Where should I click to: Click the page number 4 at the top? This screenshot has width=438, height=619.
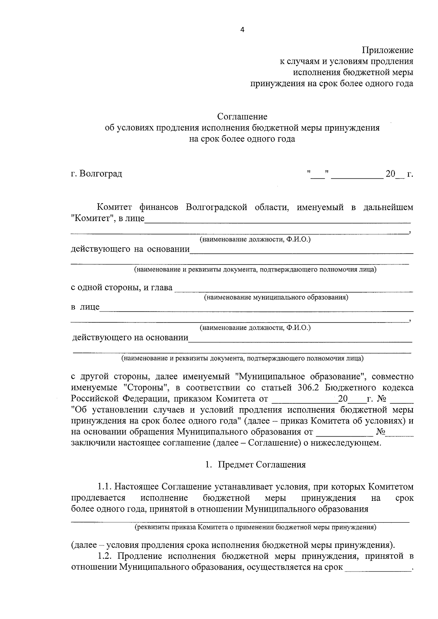click(x=242, y=30)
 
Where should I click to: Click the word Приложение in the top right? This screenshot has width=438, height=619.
click(x=387, y=50)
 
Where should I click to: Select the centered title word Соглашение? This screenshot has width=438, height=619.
click(x=242, y=117)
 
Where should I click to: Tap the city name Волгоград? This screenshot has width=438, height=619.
click(x=101, y=174)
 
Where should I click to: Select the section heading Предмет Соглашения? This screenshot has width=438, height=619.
click(x=262, y=465)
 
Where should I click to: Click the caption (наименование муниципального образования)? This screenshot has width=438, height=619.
click(x=276, y=297)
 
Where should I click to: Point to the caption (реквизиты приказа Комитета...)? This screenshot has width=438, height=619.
click(x=255, y=527)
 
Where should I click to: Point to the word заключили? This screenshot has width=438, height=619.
click(x=89, y=443)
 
